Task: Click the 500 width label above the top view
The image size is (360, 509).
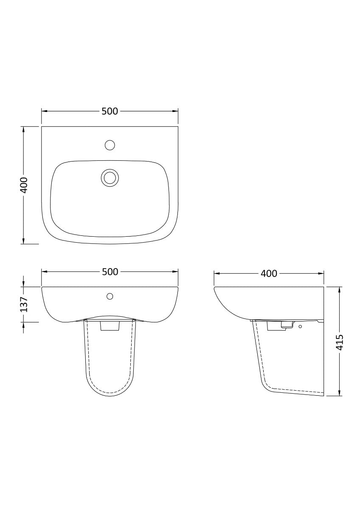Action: click(x=110, y=111)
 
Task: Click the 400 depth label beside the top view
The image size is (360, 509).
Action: click(x=24, y=185)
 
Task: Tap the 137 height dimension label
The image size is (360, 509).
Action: click(x=24, y=304)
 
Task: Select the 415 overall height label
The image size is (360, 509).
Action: click(x=340, y=342)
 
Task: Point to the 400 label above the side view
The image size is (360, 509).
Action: click(x=269, y=274)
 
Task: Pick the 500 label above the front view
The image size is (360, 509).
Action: click(x=110, y=272)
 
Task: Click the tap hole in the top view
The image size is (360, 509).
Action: click(x=110, y=145)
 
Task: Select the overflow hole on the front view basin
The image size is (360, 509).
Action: click(x=110, y=296)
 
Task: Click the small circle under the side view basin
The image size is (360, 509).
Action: click(x=300, y=327)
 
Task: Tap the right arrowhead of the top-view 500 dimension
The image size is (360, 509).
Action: click(x=175, y=111)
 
